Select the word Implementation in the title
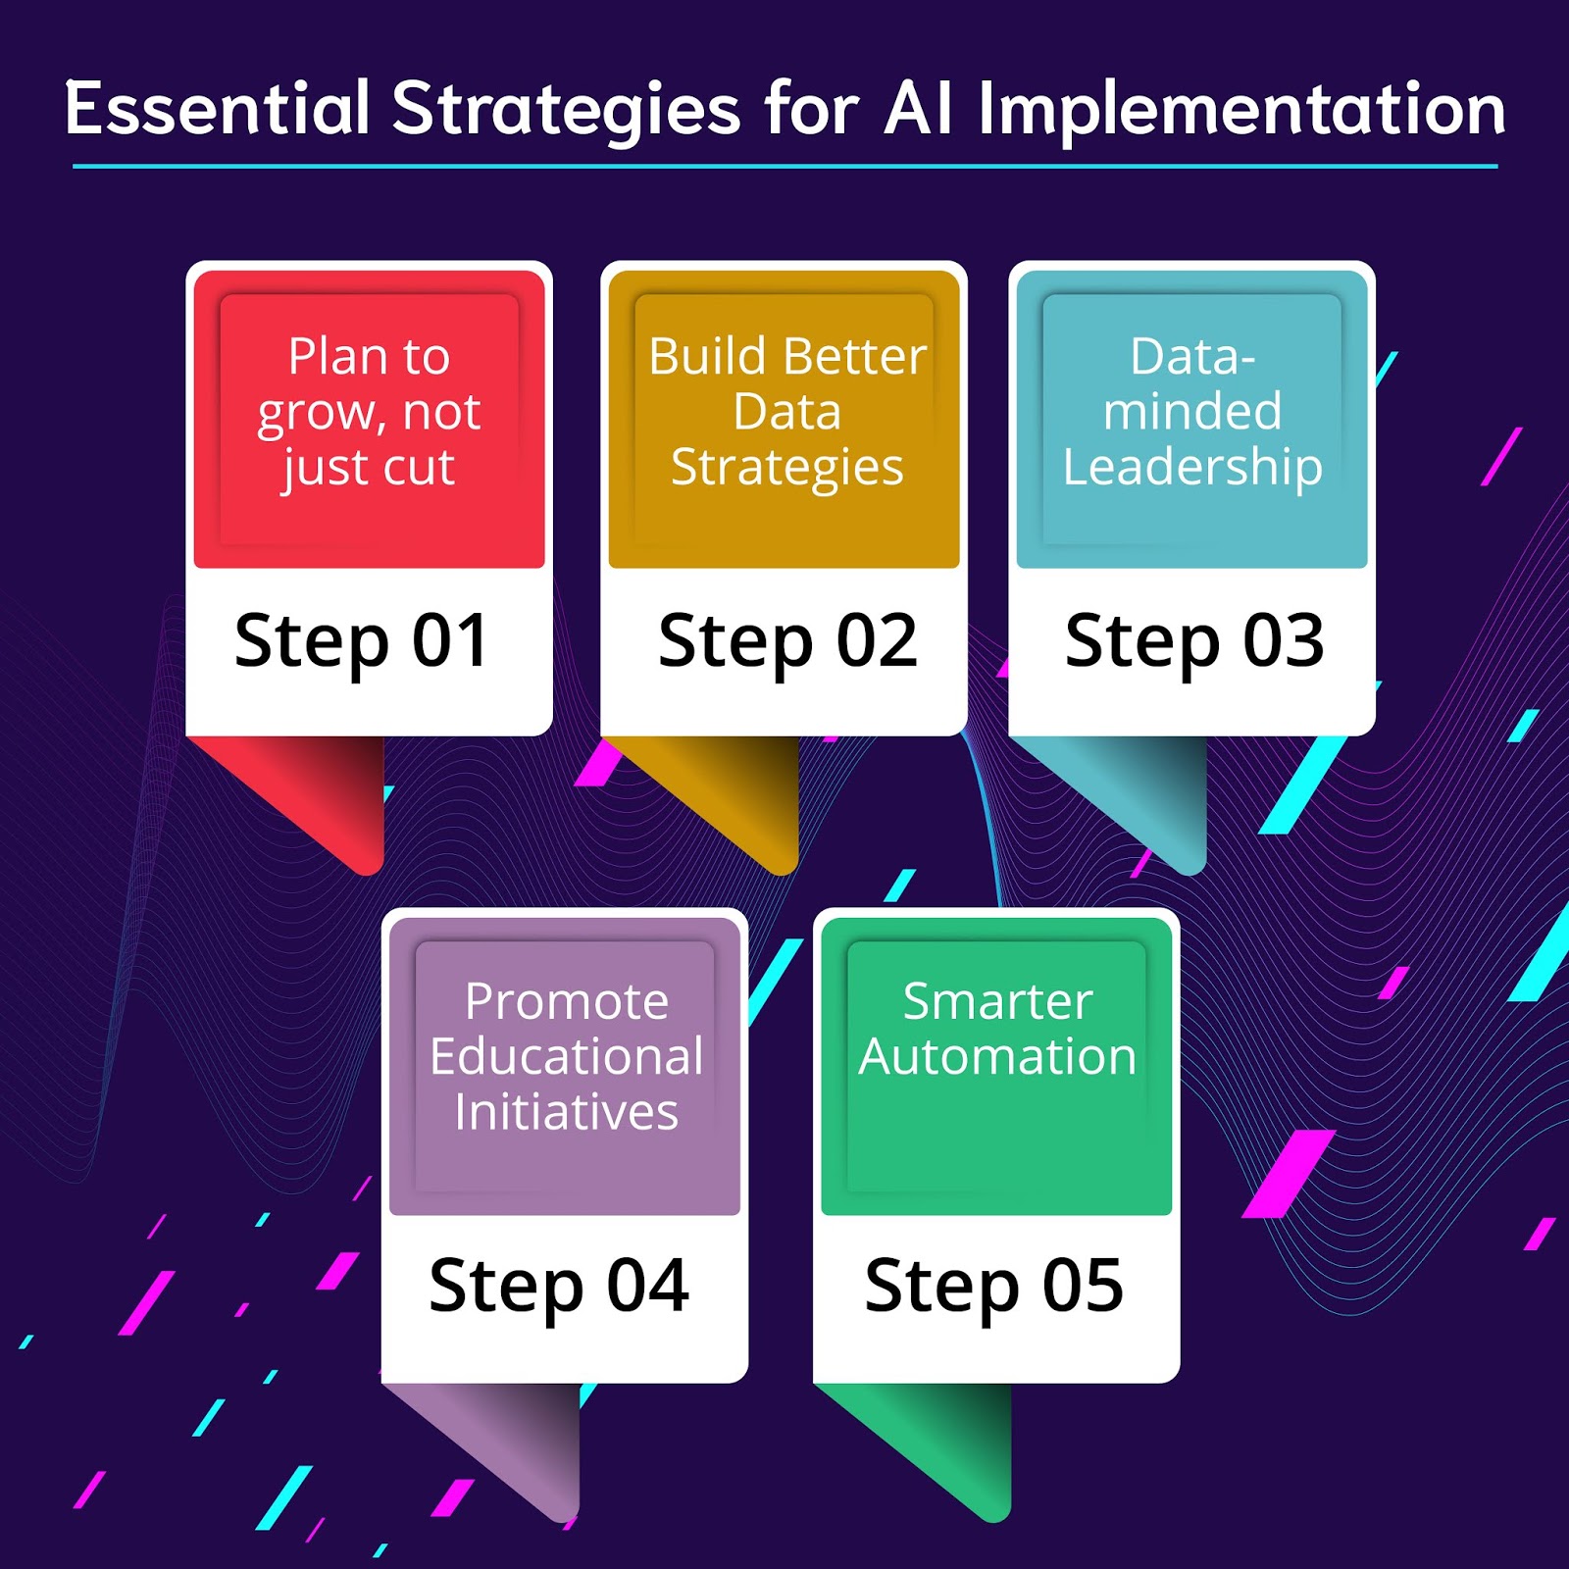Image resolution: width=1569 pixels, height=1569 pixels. point(1241,110)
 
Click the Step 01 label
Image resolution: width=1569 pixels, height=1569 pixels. point(361,642)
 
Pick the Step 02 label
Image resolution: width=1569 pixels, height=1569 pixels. point(787,642)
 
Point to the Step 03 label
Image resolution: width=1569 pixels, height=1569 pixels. point(1194,642)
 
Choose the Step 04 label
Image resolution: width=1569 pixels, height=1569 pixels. point(559,1287)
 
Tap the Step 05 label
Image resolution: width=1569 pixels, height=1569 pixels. point(993,1287)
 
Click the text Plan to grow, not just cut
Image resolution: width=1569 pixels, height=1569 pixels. point(369,412)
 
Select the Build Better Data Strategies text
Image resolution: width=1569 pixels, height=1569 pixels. point(786,412)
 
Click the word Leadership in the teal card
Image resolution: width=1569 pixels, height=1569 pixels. point(1192,467)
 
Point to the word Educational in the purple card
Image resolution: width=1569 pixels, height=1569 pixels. point(566,1057)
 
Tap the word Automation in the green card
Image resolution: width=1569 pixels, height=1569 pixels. point(997,1057)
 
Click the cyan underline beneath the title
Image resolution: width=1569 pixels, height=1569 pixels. point(784,167)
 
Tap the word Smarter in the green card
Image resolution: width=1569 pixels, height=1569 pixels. point(997,1002)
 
